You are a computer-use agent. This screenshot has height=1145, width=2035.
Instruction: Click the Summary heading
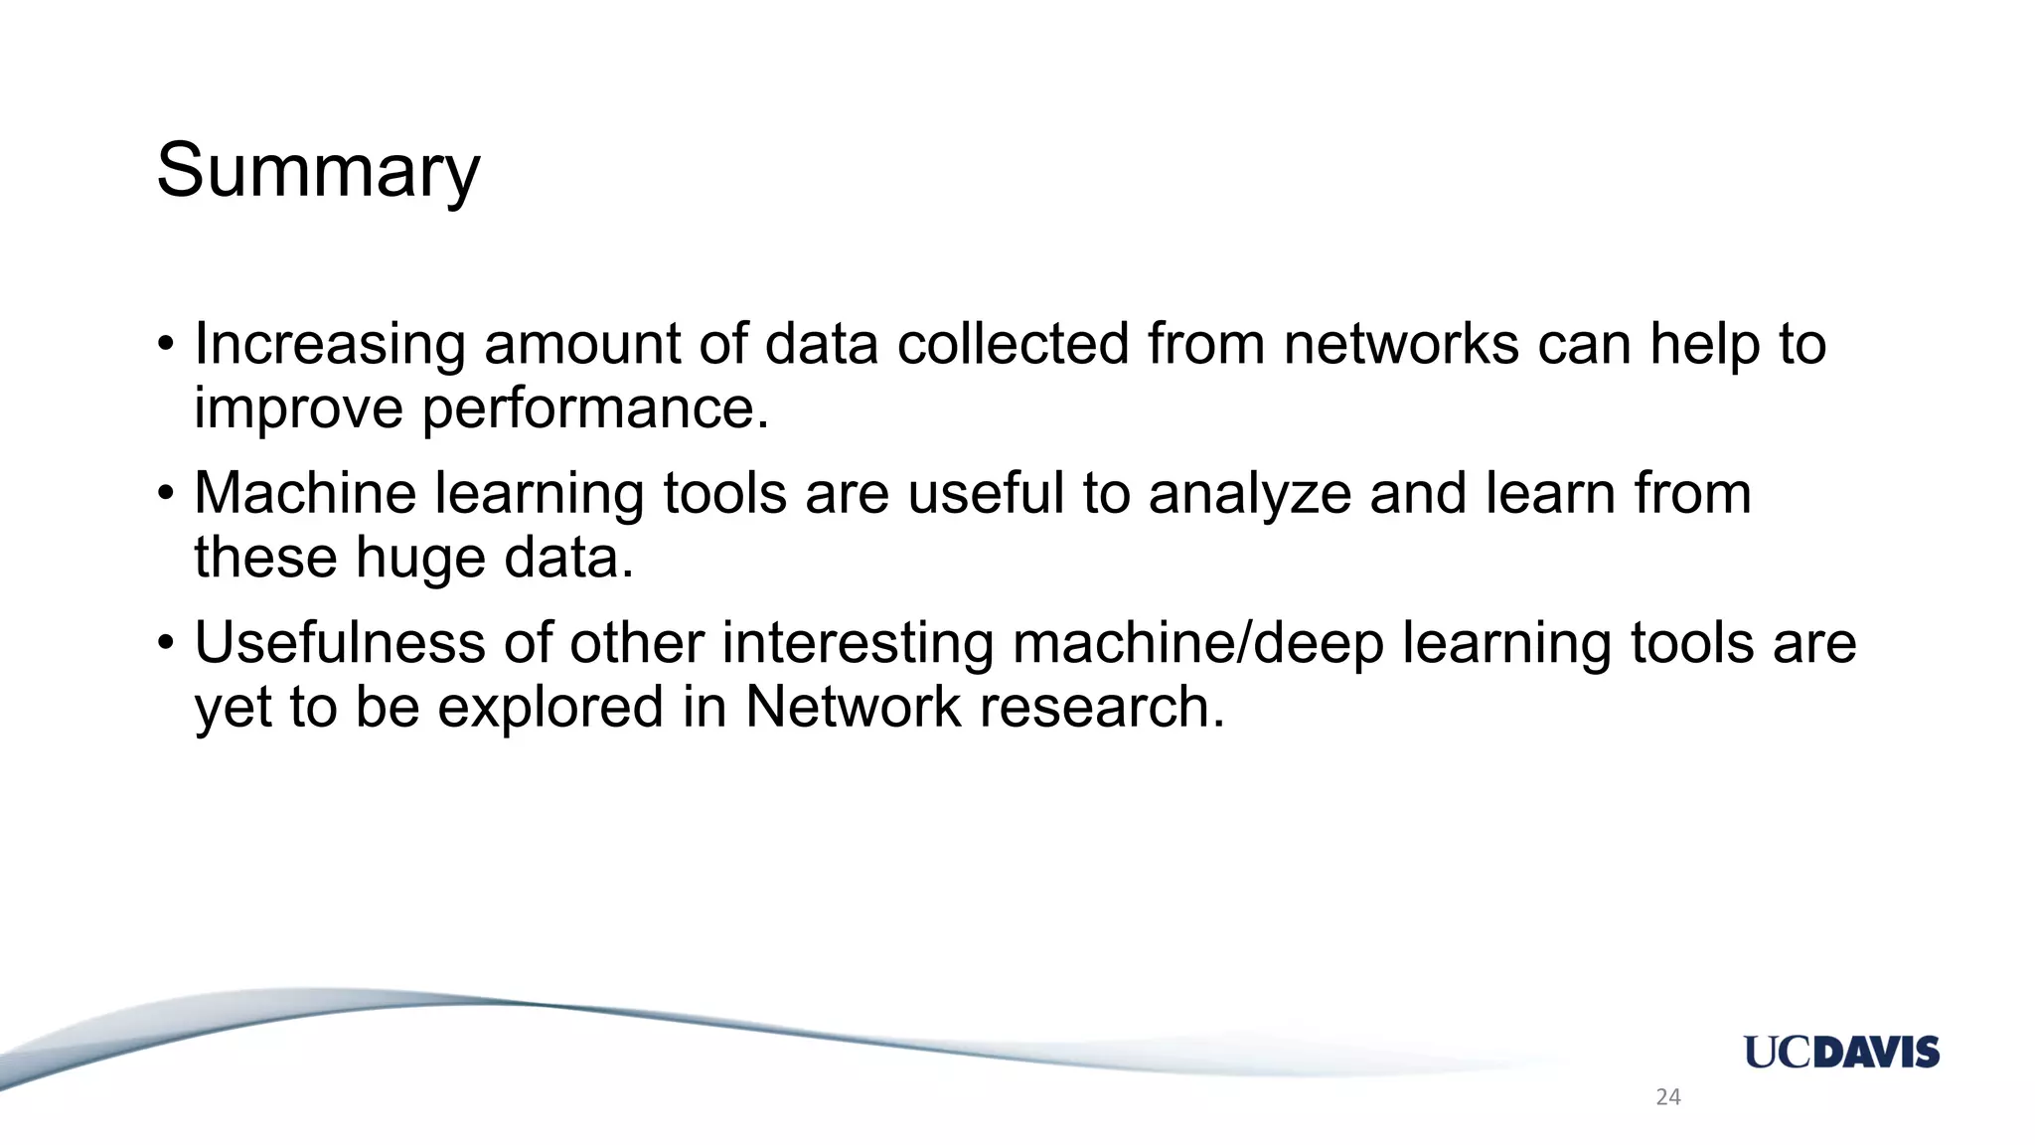point(318,171)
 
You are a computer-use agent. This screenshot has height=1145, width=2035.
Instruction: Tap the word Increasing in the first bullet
point(329,345)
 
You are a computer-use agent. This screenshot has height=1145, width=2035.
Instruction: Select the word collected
point(1013,345)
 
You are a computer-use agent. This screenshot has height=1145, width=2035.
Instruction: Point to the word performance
point(595,409)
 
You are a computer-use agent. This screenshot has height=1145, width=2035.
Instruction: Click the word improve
point(298,409)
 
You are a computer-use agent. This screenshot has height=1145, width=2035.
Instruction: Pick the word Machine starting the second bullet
point(305,494)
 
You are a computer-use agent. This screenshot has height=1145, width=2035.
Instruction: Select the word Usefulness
point(339,643)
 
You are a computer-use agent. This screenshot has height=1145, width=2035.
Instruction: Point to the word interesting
point(858,643)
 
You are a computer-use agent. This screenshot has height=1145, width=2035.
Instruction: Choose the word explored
point(550,708)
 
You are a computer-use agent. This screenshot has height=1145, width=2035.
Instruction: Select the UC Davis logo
point(1841,1052)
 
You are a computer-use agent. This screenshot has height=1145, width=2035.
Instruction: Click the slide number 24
point(1668,1097)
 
